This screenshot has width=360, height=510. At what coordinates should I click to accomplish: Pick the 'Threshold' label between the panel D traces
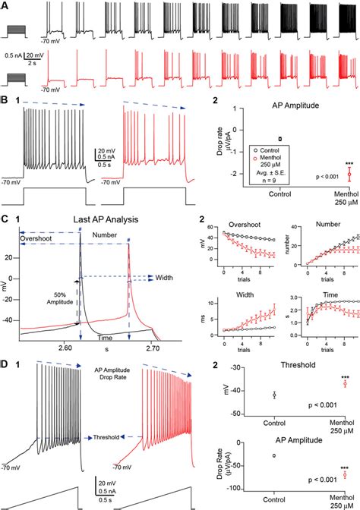pyautogui.click(x=100, y=438)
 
